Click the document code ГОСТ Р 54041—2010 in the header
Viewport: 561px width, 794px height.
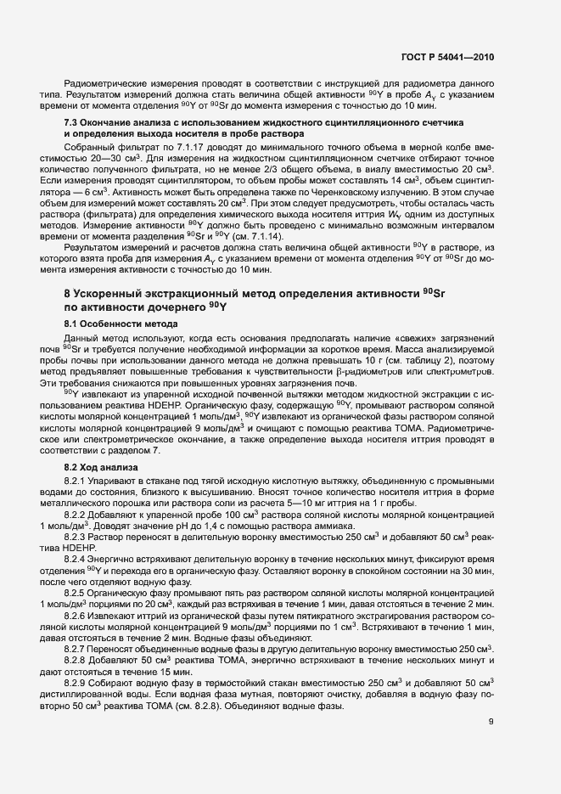[447, 57]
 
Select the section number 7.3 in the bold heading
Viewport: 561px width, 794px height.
[73, 124]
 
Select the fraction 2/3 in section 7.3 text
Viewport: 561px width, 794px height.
[281, 170]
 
